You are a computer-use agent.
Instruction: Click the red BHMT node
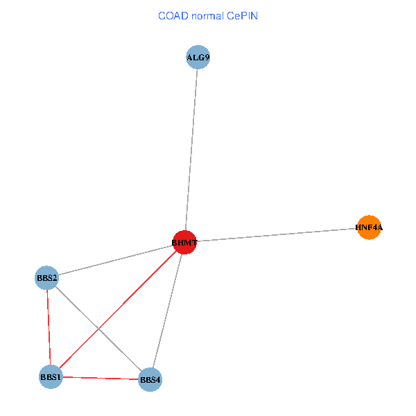pyautogui.click(x=184, y=242)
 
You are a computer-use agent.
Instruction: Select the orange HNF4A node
pyautogui.click(x=370, y=227)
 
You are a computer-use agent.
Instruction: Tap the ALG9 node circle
pyautogui.click(x=198, y=57)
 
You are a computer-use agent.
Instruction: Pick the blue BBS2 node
pyautogui.click(x=47, y=278)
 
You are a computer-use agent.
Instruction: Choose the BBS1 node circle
pyautogui.click(x=51, y=377)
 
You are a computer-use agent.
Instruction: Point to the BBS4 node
pyautogui.click(x=150, y=379)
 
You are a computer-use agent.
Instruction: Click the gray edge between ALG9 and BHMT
pyautogui.click(x=191, y=149)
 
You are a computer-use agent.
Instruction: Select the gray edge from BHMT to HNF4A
pyautogui.click(x=277, y=234)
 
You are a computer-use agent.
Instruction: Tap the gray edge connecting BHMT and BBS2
pyautogui.click(x=116, y=260)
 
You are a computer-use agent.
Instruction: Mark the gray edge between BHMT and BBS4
pyautogui.click(x=167, y=311)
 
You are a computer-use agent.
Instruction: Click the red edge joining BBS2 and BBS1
pyautogui.click(x=49, y=327)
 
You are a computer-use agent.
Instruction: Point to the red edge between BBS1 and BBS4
pyautogui.click(x=101, y=378)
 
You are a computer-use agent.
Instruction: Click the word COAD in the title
pyautogui.click(x=171, y=15)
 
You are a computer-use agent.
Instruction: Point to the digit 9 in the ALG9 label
pyautogui.click(x=206, y=58)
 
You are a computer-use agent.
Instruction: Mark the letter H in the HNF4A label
pyautogui.click(x=358, y=227)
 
